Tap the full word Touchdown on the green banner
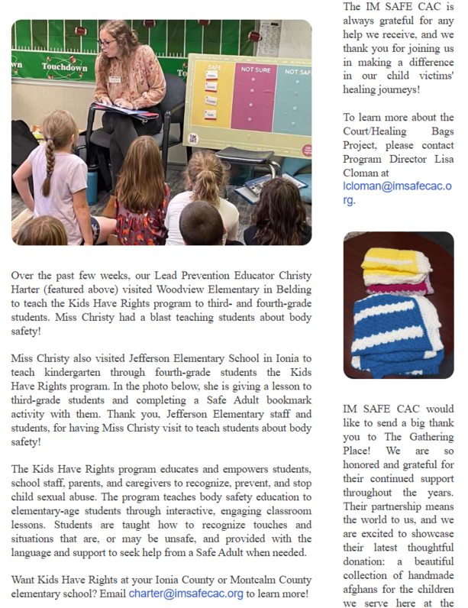point(63,67)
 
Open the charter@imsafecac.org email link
point(186,593)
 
